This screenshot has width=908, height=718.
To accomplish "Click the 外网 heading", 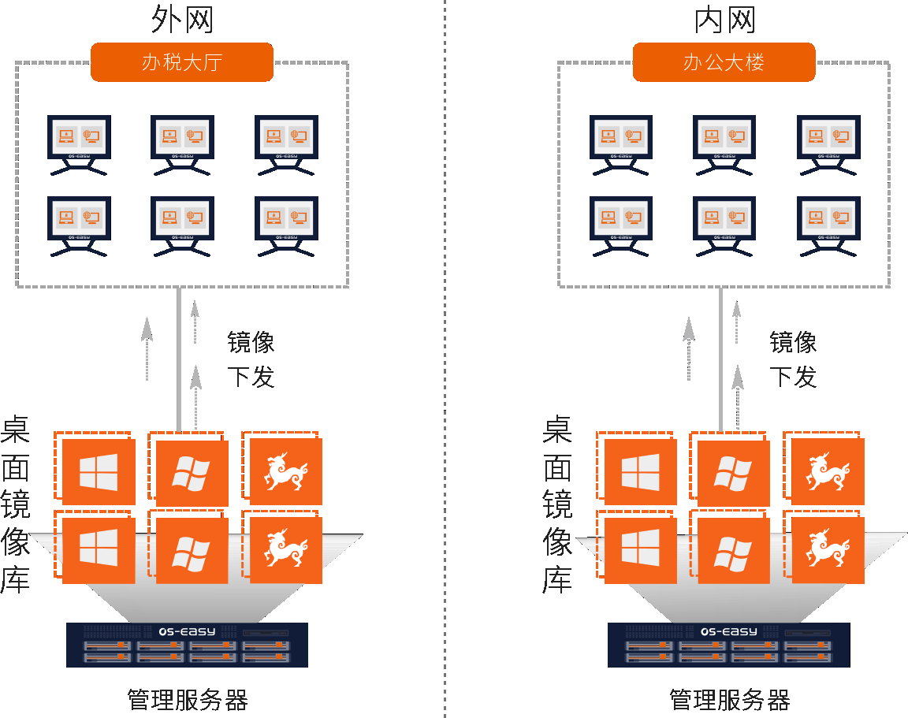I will (182, 20).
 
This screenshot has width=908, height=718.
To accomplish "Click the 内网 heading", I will (724, 20).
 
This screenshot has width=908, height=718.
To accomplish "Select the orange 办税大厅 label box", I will (182, 62).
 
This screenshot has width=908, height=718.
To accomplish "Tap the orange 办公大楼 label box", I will (724, 62).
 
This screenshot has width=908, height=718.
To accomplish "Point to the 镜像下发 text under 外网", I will (251, 359).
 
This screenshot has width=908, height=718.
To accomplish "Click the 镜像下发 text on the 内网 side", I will (793, 359).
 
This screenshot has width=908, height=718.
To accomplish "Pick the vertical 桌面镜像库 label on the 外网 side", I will (16, 505).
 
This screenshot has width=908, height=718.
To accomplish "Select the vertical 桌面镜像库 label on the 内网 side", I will (558, 505).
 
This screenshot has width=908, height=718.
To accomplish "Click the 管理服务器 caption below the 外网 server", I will (188, 699).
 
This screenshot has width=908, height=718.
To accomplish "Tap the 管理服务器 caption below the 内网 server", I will (729, 699).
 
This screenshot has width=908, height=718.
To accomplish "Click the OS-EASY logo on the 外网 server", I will (187, 631).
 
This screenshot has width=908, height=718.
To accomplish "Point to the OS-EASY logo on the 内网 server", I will (728, 631).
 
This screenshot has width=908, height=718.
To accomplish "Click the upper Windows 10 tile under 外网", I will (99, 472).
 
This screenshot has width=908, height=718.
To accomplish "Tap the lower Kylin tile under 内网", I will (828, 550).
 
